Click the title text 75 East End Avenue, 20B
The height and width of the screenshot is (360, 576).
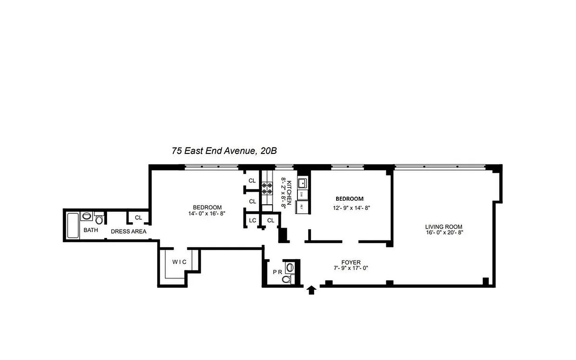tap(224, 151)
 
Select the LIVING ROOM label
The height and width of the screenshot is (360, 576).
tap(444, 227)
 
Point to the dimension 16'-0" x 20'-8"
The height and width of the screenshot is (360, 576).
tap(444, 233)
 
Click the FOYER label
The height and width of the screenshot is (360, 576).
tap(351, 262)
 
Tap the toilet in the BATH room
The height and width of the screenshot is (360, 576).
tap(99, 219)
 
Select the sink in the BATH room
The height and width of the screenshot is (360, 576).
tap(87, 216)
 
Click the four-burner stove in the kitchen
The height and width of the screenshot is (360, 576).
tap(267, 188)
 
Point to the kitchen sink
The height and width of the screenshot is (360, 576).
tap(302, 183)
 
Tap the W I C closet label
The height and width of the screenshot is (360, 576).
tap(179, 262)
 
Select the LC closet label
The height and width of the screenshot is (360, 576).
tap(252, 220)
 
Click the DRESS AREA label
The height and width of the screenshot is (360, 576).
tap(129, 231)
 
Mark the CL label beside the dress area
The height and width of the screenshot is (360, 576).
tap(139, 218)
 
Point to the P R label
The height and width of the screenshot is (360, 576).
tap(277, 272)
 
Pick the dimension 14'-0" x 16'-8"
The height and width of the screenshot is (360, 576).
tap(207, 213)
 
